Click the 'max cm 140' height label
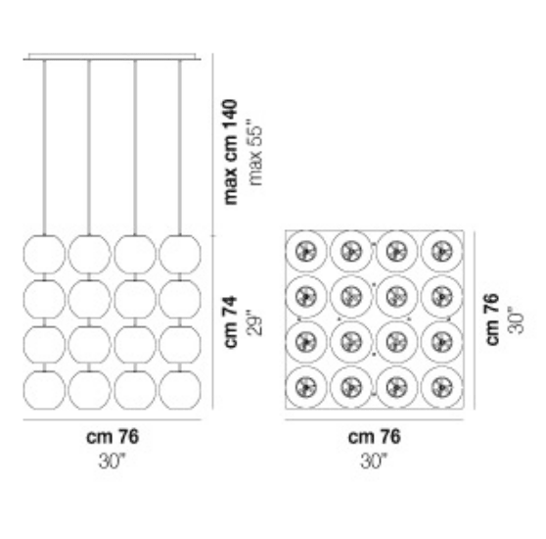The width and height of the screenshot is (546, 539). pos(231,152)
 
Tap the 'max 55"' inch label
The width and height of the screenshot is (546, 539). pos(255,153)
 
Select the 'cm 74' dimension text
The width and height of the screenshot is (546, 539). pos(231,322)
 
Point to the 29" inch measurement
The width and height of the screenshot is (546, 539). pos(255,325)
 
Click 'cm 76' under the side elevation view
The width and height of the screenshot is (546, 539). pos(113,437)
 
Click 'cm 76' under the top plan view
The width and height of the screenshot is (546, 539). pos(375,437)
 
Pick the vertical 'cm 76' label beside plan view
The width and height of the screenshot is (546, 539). pos(492,319)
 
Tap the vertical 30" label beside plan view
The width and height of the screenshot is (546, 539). pos(517,320)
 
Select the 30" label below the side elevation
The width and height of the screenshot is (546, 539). pos(112,462)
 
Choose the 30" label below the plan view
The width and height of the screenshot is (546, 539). pos(374,462)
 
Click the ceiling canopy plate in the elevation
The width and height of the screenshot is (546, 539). pos(113,57)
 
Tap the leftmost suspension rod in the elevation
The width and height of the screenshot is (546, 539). pos(44,147)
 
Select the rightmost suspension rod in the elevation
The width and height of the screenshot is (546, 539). pos(180,147)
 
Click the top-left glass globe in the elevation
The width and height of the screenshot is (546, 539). pos(44,255)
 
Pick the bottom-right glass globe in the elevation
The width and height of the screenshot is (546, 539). pos(180,390)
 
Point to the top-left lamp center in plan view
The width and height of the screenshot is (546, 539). pos(306,251)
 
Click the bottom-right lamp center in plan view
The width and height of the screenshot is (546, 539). pos(442,387)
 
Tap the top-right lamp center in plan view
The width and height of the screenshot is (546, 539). pos(442,251)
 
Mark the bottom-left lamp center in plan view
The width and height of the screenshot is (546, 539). pos(306,387)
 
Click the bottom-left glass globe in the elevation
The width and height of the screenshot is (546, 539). pos(44,390)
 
